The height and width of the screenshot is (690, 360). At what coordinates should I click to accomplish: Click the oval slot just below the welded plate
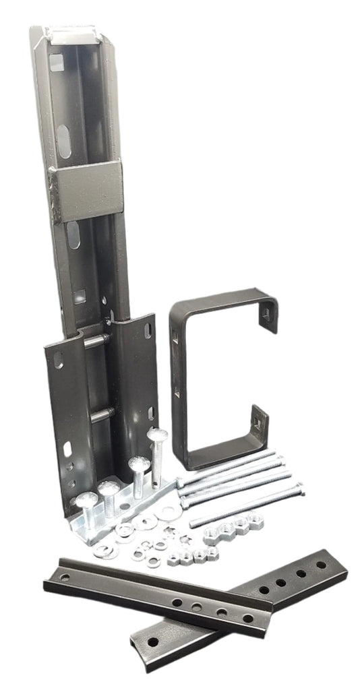click(73, 234)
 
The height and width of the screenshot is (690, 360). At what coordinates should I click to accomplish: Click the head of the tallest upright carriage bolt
click(156, 435)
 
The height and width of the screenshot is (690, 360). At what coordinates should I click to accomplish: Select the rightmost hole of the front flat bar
click(248, 619)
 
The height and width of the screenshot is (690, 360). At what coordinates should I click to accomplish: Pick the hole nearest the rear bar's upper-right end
click(321, 564)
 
